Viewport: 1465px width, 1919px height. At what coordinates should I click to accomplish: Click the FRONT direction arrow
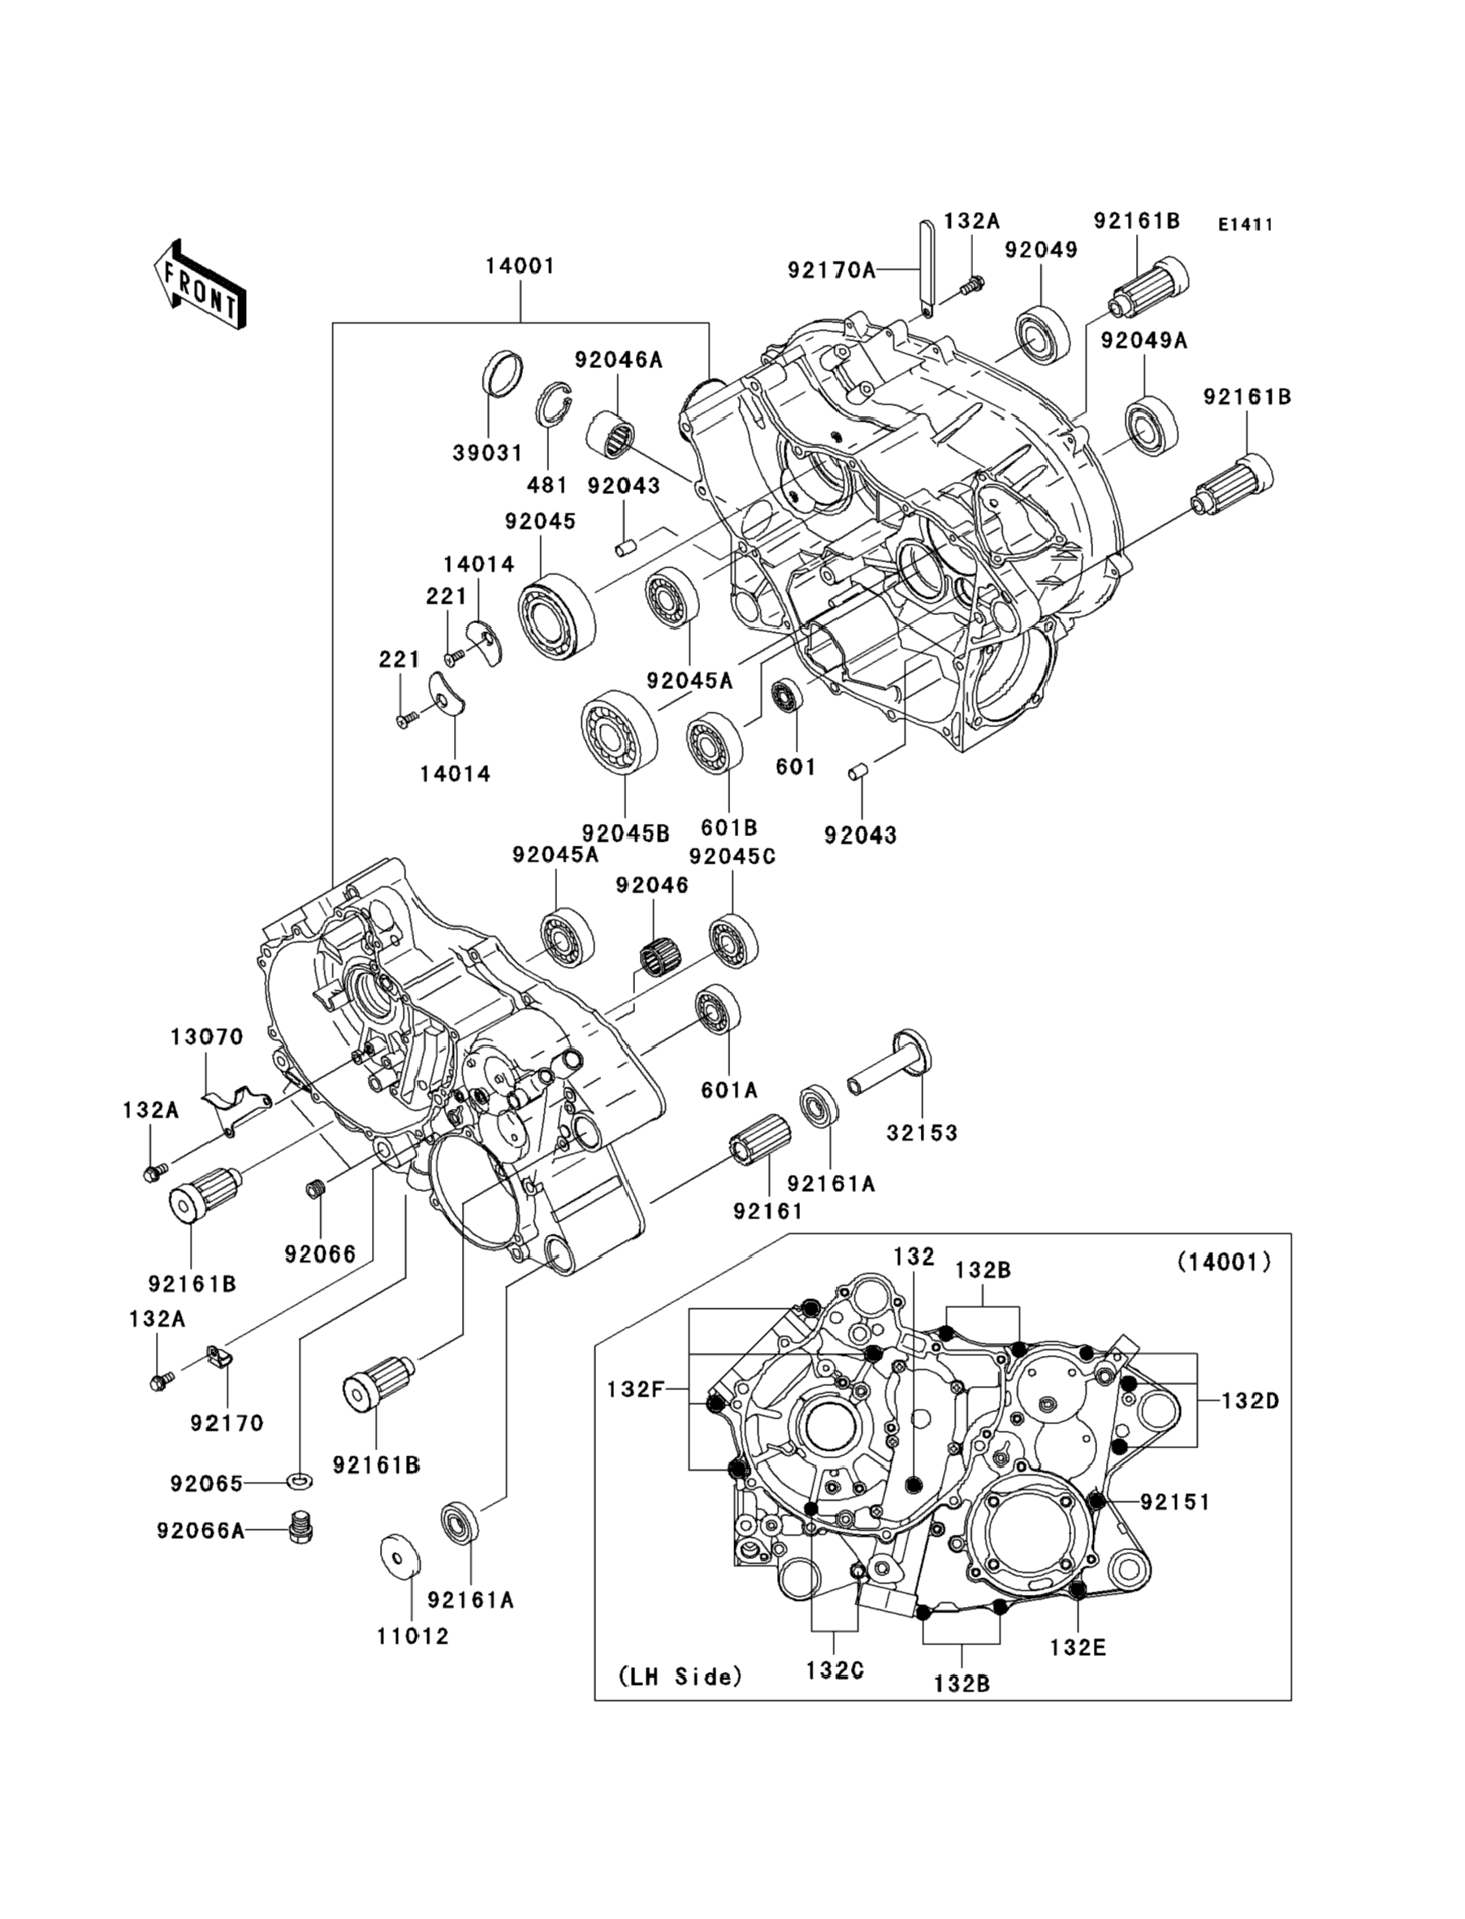click(x=200, y=285)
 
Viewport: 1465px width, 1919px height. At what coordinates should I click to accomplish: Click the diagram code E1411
click(x=1245, y=224)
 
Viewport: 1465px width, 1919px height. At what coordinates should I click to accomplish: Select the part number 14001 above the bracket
click(x=520, y=265)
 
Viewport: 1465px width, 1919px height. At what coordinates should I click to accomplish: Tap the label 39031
click(x=486, y=453)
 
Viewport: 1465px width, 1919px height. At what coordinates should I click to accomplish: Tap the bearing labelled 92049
click(x=1043, y=334)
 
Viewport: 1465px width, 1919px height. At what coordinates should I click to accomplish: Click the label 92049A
click(x=1143, y=340)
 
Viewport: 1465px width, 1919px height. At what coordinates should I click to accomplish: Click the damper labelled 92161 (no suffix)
click(x=758, y=1139)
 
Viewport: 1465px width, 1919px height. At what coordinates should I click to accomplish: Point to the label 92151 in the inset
click(x=1174, y=1501)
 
